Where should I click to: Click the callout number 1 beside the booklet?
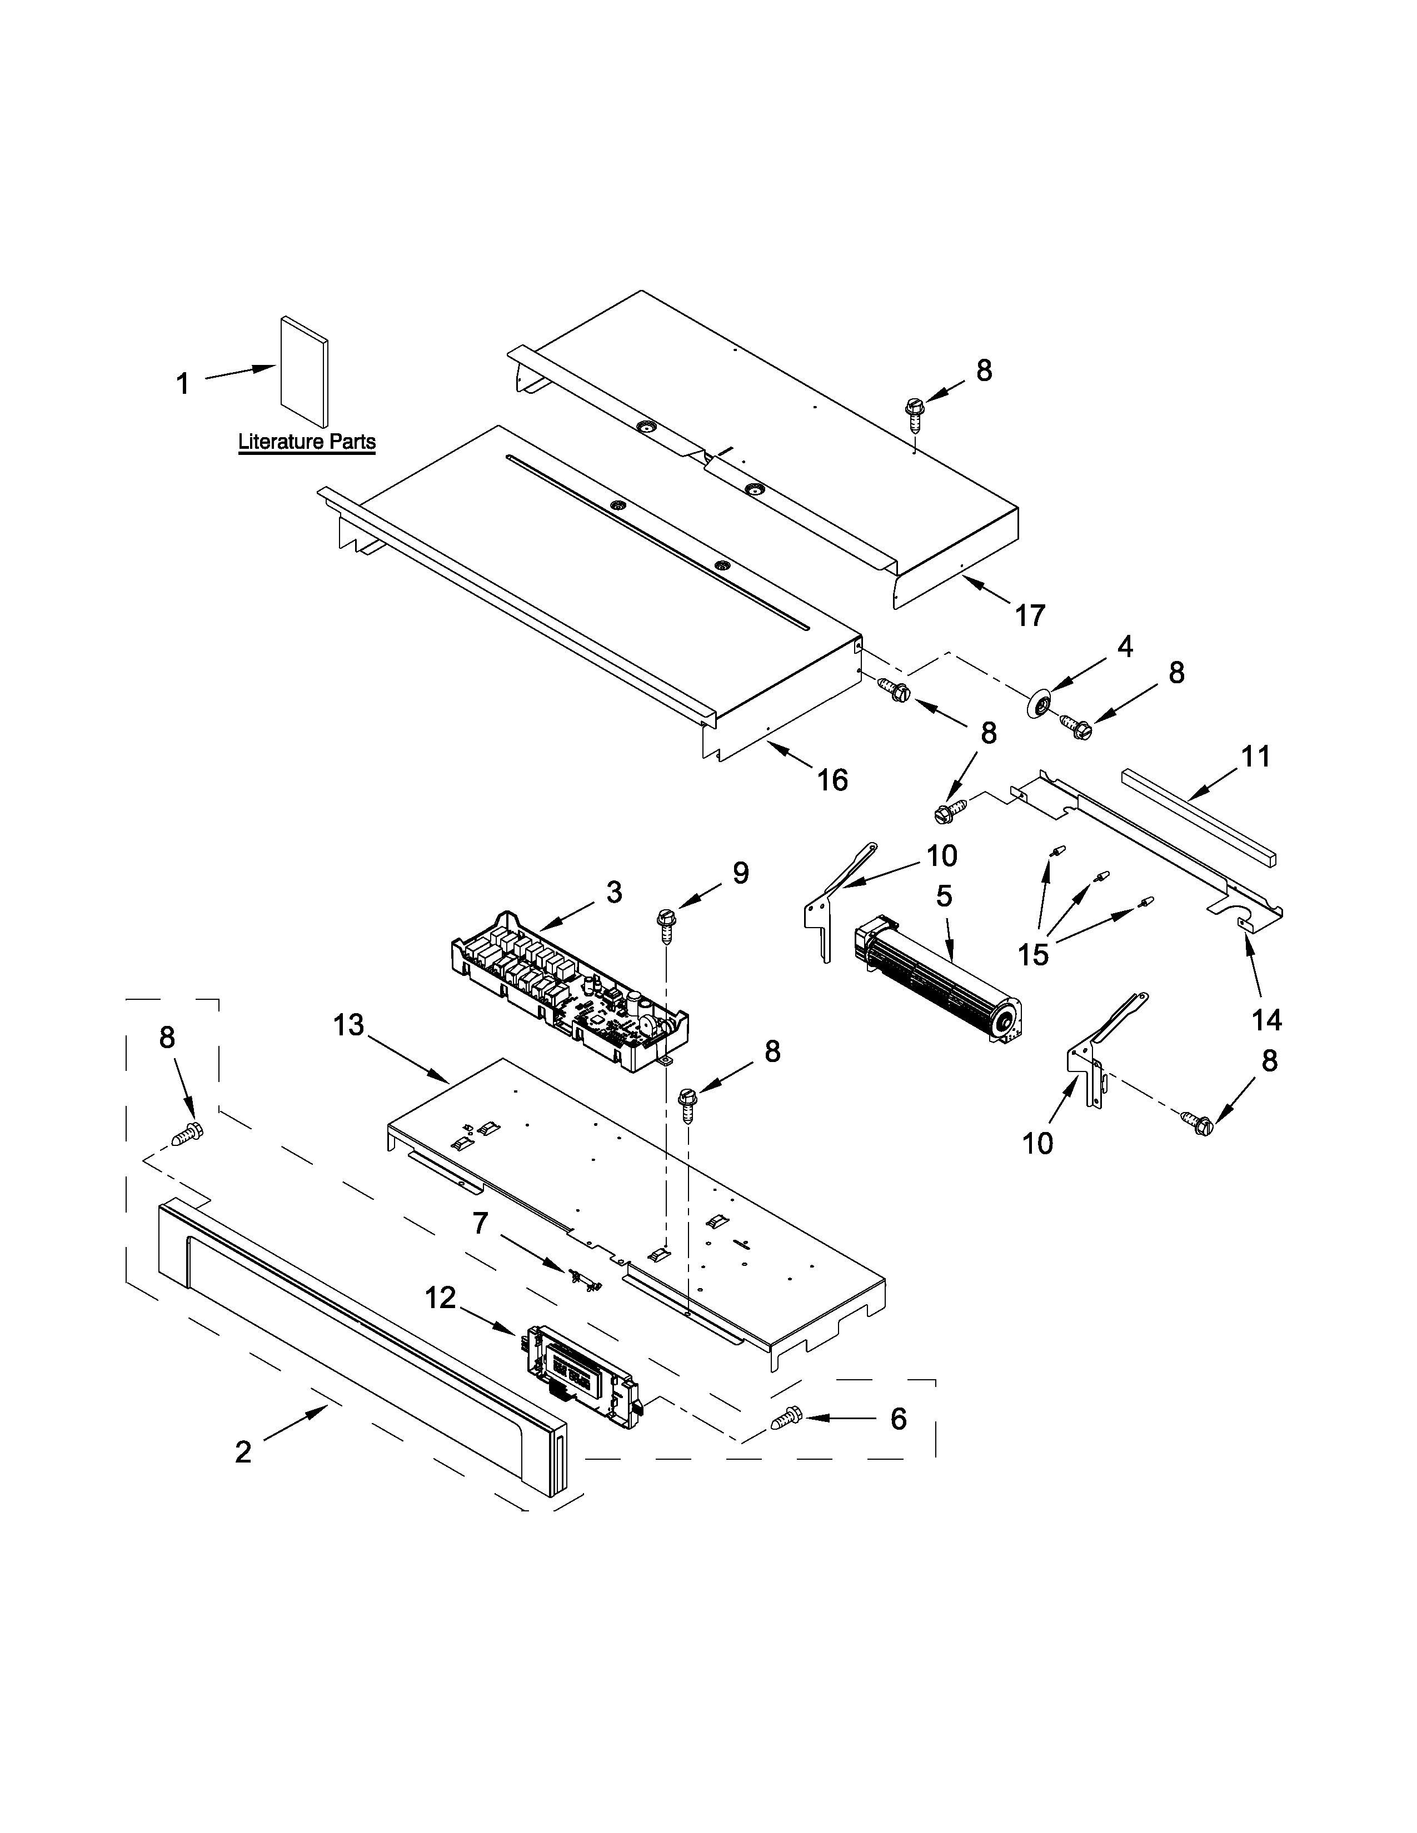[x=183, y=384]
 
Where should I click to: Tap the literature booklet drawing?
[x=304, y=371]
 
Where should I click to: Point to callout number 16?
[x=833, y=780]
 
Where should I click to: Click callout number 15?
[x=1034, y=954]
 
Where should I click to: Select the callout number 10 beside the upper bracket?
[x=942, y=856]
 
